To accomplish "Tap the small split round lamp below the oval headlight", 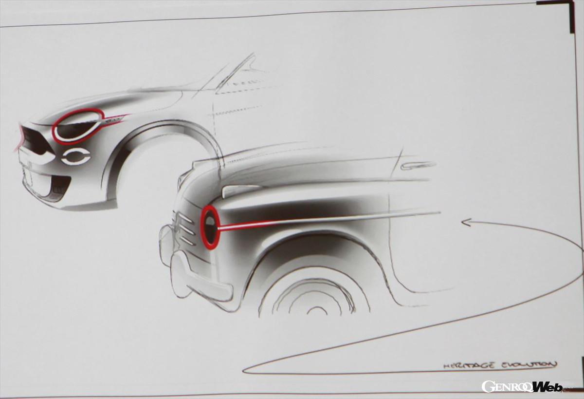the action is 76,156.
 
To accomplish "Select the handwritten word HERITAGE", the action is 469,366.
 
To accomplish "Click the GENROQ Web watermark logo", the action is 521,387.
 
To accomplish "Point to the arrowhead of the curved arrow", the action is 466,223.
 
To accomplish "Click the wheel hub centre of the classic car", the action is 317,311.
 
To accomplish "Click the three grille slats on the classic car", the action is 187,229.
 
